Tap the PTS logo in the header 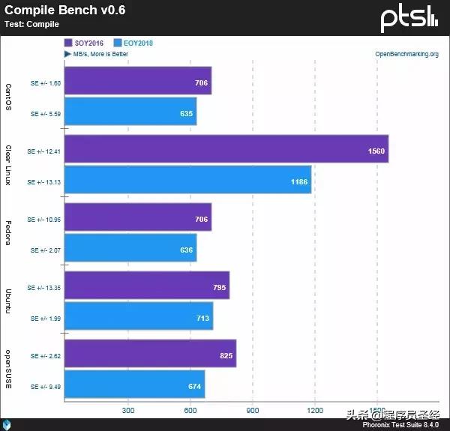[x=409, y=18]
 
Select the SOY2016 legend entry [x=85, y=43]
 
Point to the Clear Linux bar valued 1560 [x=226, y=150]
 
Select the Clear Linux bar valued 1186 [x=187, y=181]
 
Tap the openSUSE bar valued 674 [x=135, y=385]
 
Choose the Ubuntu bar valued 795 [x=147, y=286]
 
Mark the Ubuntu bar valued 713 [x=139, y=317]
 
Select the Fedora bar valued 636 [x=130, y=249]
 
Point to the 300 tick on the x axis [x=127, y=410]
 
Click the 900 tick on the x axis [x=253, y=410]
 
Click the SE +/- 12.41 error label [x=43, y=151]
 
